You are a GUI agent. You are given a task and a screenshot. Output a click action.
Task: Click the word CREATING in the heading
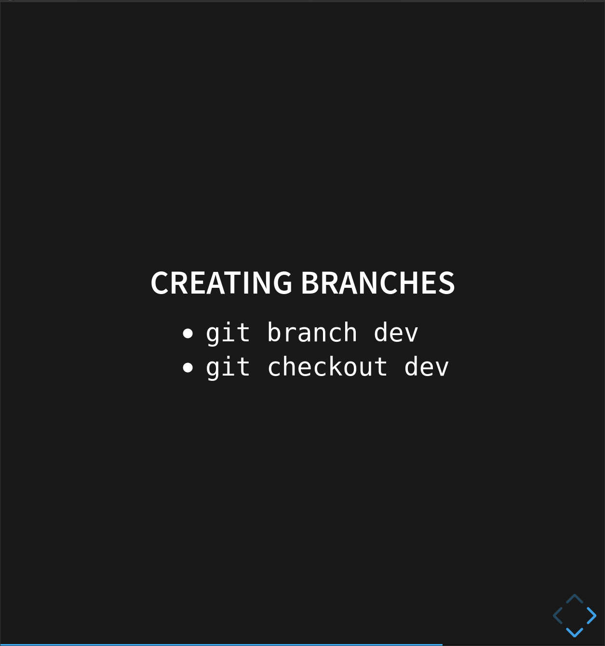[x=221, y=283]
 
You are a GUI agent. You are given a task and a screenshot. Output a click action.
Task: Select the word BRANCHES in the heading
[x=377, y=283]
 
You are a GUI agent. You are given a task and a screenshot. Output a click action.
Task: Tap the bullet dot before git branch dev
[x=188, y=333]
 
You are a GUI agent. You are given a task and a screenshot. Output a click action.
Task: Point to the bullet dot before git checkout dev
[x=188, y=368]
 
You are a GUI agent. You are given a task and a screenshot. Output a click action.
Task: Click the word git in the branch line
[x=228, y=333]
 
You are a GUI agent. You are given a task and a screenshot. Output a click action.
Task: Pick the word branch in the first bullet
[x=312, y=333]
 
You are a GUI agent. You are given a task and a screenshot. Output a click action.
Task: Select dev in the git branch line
[x=396, y=333]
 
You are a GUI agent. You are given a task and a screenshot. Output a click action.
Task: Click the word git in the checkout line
[x=228, y=368]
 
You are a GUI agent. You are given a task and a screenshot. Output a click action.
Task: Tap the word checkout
[x=327, y=367]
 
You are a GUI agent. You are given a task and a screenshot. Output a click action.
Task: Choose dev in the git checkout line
[x=426, y=367]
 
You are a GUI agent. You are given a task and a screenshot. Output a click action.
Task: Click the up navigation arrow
[x=575, y=599]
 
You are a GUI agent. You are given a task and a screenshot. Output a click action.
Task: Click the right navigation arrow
[x=592, y=616]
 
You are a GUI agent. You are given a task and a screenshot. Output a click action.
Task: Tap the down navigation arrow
[x=575, y=632]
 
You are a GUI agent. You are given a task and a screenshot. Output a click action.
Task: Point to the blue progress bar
[x=221, y=645]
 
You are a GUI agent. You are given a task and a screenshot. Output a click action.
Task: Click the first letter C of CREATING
[x=160, y=283]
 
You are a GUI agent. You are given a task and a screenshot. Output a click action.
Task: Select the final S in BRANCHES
[x=447, y=283]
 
